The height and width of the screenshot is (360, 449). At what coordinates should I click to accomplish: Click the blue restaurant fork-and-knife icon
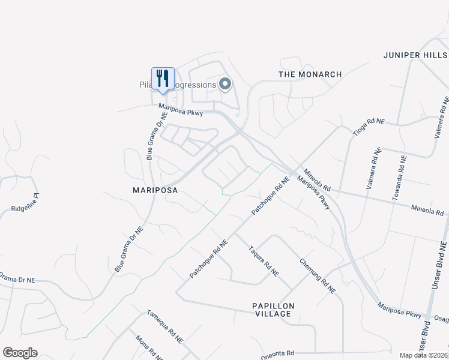click(163, 78)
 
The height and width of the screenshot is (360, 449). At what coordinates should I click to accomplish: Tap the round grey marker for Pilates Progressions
click(225, 84)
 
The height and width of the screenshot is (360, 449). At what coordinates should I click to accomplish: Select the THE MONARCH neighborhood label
click(310, 74)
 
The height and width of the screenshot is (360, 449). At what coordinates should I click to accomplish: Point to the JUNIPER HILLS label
click(415, 55)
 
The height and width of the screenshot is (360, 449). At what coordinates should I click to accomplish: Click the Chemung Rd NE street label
click(317, 275)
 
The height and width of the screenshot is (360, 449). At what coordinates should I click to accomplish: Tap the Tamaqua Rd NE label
click(164, 327)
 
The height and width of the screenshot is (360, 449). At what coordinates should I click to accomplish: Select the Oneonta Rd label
click(277, 354)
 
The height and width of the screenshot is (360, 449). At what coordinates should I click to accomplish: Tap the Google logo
click(20, 353)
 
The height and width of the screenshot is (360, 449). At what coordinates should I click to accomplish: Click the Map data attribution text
click(424, 355)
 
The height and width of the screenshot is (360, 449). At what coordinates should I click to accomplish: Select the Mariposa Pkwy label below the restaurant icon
click(181, 110)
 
